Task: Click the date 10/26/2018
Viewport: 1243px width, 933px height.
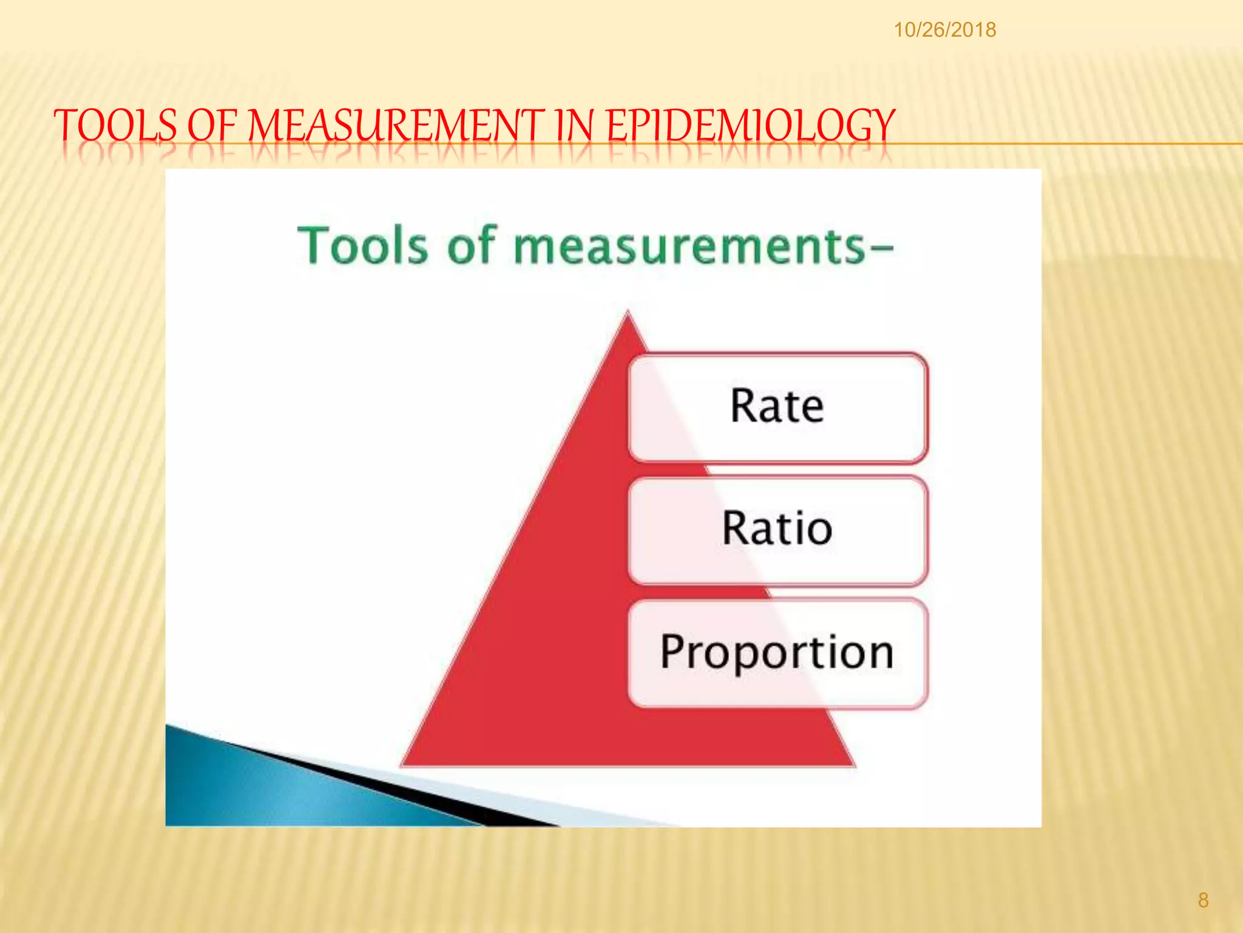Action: [x=944, y=30]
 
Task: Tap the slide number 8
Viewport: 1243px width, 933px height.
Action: [x=1203, y=900]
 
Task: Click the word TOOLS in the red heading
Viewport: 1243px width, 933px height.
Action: [x=115, y=126]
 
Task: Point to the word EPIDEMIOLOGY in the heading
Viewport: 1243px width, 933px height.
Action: [x=751, y=126]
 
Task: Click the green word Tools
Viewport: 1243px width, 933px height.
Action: [x=362, y=245]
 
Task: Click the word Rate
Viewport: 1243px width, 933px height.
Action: [x=777, y=406]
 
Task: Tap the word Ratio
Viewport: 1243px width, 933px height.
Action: [x=777, y=528]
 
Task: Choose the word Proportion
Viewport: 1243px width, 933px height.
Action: [x=777, y=652]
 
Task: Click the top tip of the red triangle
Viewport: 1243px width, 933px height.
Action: [x=628, y=313]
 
